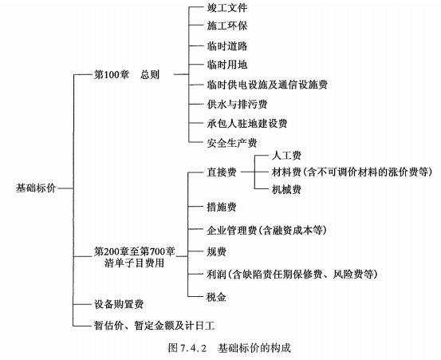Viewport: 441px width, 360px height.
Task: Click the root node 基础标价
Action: point(36,188)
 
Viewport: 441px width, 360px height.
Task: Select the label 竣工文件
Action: point(227,8)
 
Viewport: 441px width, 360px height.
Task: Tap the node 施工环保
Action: point(227,26)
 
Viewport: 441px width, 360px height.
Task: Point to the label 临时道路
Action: point(227,45)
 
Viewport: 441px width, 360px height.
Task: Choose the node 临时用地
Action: point(227,65)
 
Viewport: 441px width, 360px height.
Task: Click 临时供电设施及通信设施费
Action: point(267,85)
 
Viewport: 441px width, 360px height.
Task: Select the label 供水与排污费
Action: point(237,104)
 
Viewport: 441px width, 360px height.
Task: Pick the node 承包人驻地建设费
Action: point(247,124)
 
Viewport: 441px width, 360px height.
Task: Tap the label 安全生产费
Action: point(232,143)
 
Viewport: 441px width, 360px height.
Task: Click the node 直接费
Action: point(222,172)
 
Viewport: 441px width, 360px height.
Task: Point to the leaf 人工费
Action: point(286,156)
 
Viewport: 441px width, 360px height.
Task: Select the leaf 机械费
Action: point(286,189)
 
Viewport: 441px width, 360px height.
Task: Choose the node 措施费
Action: point(222,207)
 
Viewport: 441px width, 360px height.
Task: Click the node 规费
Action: point(216,251)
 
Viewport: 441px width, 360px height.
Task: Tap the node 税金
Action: point(216,297)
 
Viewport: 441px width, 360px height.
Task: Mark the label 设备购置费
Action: point(119,304)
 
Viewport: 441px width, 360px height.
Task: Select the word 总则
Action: point(150,74)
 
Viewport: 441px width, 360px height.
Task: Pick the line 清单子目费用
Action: point(134,263)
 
